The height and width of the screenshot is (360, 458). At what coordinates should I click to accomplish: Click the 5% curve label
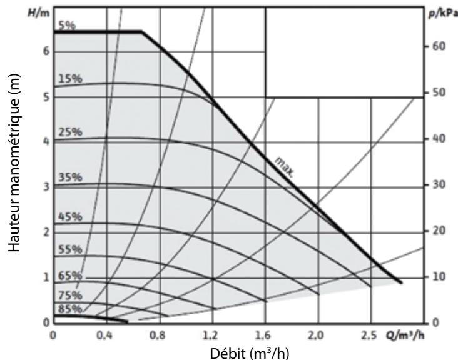(66, 26)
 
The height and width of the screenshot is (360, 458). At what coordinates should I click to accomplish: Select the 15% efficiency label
(69, 79)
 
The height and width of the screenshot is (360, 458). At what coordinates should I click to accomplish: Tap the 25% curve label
(69, 132)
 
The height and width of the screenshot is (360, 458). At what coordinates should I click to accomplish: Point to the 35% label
(69, 177)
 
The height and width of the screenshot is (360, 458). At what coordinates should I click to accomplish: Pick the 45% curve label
(69, 217)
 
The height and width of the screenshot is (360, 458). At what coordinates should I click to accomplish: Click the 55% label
(69, 249)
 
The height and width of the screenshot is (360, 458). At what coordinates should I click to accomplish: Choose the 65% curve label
(69, 275)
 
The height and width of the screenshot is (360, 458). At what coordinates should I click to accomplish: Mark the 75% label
(69, 294)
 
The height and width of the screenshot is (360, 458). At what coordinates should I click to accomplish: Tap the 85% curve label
(69, 309)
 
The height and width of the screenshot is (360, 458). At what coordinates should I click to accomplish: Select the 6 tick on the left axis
(46, 51)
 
